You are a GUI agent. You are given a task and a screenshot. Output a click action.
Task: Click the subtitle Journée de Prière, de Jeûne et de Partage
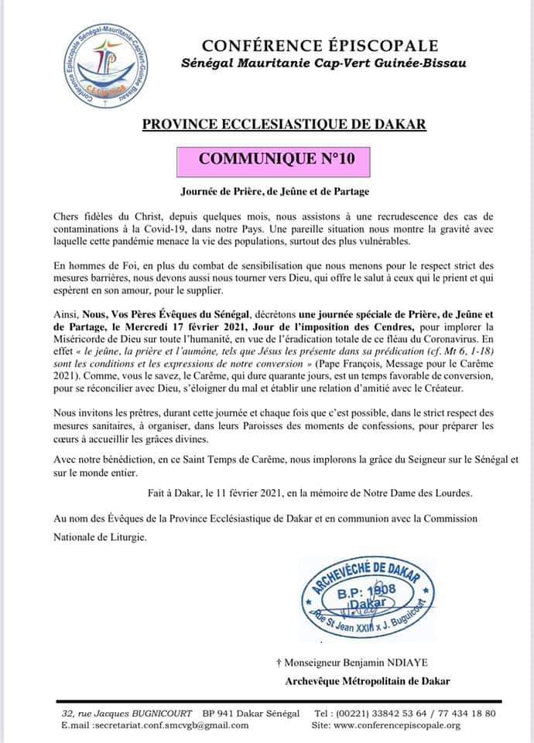(x=267, y=190)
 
